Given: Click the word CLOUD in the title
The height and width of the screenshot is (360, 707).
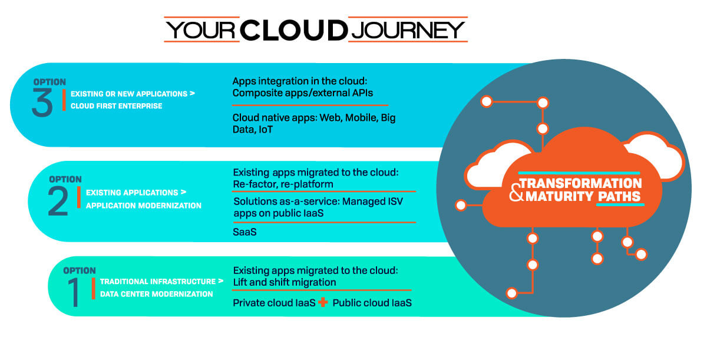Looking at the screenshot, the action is pos(294,30).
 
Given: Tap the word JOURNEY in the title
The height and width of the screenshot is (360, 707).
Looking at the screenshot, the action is pos(408,30).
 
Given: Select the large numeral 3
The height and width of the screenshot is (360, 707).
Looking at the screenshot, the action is pos(42,103).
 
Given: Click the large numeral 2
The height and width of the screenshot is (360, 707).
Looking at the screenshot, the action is pos(58,202).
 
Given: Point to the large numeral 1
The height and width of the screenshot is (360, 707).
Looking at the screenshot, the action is pos(74,292).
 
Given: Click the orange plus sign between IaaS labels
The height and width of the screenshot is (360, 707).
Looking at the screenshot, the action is pos(323,302).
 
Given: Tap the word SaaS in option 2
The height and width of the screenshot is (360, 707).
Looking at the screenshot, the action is pos(245,232).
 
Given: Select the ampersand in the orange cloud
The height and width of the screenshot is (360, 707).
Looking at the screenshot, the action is pos(516,193).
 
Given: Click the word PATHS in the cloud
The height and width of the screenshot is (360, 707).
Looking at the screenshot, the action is pos(619,197).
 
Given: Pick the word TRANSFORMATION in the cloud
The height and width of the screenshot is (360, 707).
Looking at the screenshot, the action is pos(581,183).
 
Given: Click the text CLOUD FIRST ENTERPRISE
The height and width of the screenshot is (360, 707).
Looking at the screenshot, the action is pos(117,106).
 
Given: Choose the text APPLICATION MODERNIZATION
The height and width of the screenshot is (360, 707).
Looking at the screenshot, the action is pos(144,206).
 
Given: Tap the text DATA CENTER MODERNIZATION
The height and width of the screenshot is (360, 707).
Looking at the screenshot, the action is pos(157,294).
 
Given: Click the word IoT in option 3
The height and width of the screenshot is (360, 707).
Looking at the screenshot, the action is pos(266,130).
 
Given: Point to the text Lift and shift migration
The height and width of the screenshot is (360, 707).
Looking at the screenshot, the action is pos(285,282).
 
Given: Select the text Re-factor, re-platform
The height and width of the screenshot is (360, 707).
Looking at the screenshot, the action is pos(283,184).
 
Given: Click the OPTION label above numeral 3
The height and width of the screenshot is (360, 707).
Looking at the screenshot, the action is pos(49,82).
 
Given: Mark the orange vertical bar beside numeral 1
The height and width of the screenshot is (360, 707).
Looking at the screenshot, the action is pos(94,288).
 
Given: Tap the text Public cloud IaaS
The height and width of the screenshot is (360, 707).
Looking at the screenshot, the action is pos(372,303).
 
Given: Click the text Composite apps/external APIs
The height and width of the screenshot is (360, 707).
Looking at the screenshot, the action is pos(303,93).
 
